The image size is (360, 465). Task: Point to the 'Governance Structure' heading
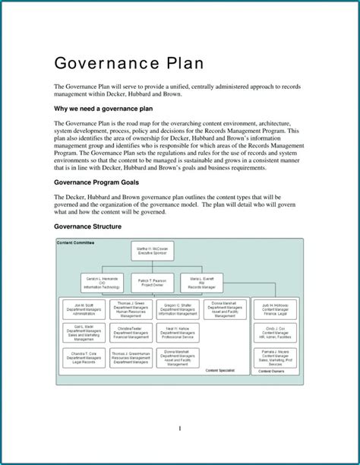tap(88, 227)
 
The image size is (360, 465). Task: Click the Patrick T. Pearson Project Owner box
tap(153, 283)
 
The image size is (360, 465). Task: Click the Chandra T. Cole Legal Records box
tap(84, 357)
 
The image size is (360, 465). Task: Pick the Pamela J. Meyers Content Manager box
tap(275, 357)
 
